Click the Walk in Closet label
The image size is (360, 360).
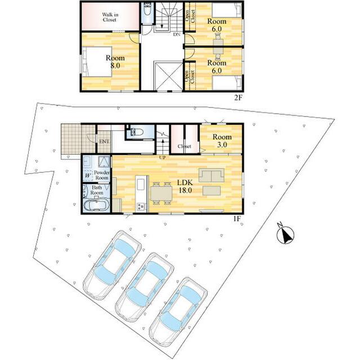(x=110, y=17)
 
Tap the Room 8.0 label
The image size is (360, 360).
(x=115, y=61)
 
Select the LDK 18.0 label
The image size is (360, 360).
(x=185, y=186)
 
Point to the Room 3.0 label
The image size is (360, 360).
(x=222, y=141)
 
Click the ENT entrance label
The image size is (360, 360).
(x=104, y=142)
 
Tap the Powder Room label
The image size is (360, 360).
(x=102, y=175)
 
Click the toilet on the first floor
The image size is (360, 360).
(x=137, y=132)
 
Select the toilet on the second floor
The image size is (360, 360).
(x=147, y=9)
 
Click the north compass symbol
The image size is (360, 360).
(x=285, y=235)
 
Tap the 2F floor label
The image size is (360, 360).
(x=238, y=98)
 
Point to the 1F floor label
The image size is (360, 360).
(x=237, y=219)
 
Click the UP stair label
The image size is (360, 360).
(x=163, y=157)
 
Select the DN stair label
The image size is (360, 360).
(x=177, y=35)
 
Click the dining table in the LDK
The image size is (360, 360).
(x=161, y=193)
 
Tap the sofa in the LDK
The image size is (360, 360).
(x=211, y=175)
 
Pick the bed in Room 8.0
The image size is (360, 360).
(x=97, y=61)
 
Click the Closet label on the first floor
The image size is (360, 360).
(x=184, y=146)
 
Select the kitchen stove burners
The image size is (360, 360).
(x=141, y=206)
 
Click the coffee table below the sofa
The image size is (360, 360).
(x=211, y=191)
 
